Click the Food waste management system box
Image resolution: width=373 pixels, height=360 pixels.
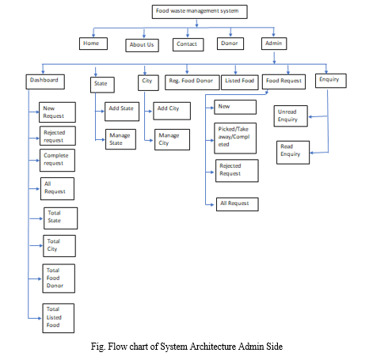200,12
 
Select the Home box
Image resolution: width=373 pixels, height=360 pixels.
93,44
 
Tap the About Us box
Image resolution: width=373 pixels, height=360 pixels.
142,45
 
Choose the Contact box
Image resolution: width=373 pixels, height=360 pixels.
188,44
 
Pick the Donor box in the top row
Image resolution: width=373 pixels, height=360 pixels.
230,44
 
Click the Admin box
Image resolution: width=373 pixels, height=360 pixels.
274,44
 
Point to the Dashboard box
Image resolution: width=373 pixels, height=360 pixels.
45,81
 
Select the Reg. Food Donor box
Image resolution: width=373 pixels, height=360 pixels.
192,82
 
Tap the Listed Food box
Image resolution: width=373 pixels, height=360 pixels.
240,82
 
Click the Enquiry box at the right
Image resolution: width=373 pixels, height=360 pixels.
331,81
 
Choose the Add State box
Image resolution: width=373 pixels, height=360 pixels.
122,112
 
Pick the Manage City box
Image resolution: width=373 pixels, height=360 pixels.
172,139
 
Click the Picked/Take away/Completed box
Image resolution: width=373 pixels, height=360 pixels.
235,138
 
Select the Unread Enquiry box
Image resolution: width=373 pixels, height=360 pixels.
291,116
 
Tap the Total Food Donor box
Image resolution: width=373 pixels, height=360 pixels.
59,279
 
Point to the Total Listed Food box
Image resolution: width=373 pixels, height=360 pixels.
59,318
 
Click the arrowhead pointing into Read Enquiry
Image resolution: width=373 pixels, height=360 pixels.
311,153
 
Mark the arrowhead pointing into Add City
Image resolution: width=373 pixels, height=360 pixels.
150,112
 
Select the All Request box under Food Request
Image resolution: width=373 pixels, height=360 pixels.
238,204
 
